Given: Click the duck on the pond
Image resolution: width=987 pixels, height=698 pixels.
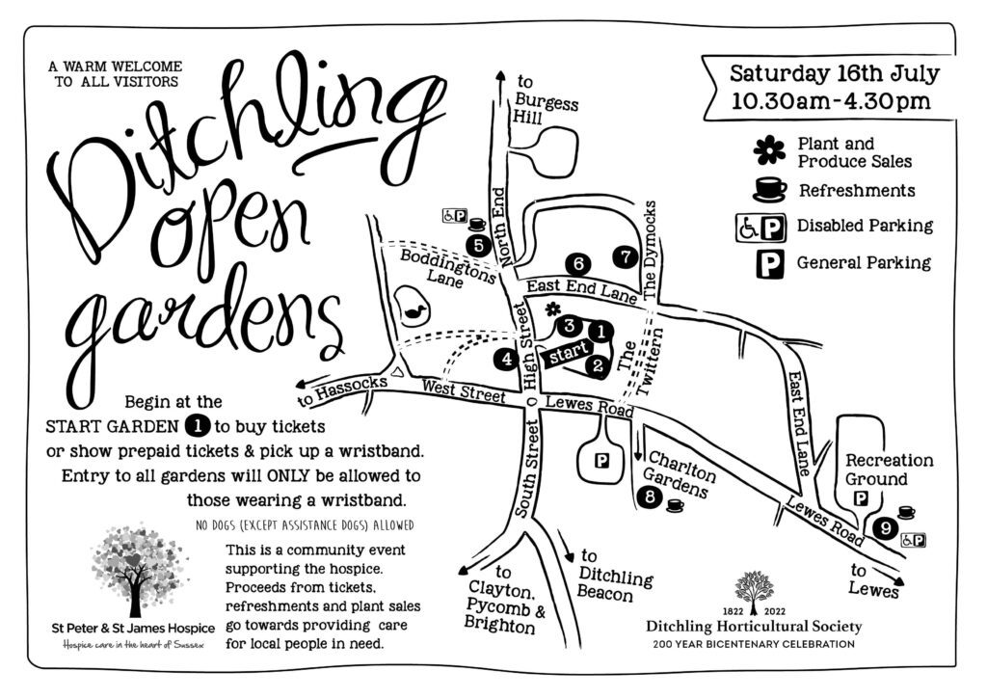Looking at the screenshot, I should (x=416, y=309).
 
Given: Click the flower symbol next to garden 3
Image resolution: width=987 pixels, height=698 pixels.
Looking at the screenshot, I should (x=552, y=309).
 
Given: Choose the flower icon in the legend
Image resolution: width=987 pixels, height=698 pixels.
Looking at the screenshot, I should (x=769, y=150).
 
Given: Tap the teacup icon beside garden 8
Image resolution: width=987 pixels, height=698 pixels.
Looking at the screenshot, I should (x=675, y=504).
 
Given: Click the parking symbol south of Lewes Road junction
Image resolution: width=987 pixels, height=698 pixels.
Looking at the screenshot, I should (x=602, y=462).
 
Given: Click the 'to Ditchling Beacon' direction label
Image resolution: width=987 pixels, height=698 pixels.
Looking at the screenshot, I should (x=614, y=576).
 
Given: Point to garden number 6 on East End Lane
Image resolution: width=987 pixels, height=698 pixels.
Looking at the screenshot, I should (x=578, y=262).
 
